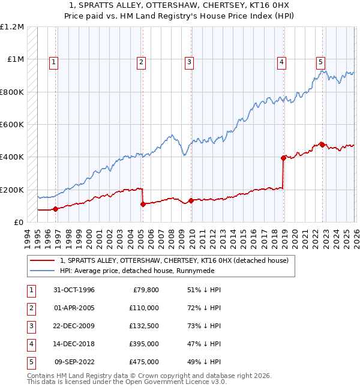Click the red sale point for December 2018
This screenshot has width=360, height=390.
(283, 158)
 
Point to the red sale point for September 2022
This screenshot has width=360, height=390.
(322, 145)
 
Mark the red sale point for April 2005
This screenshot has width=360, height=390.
(143, 204)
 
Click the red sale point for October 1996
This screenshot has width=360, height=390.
(55, 209)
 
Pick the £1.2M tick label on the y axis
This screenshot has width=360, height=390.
(12, 27)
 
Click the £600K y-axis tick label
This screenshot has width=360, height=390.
(12, 125)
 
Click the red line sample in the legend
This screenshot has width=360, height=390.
(43, 260)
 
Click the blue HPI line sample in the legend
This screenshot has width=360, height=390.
(43, 271)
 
